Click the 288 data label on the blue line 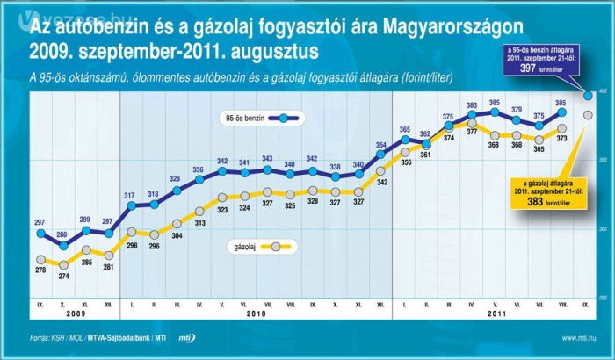[x=62, y=234]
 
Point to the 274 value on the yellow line [x=62, y=277]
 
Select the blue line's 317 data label [x=130, y=195]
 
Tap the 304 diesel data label [x=177, y=235]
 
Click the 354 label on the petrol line [x=381, y=145]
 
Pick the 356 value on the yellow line [x=405, y=162]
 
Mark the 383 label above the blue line [x=472, y=104]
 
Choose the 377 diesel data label [x=472, y=132]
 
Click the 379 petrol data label [x=517, y=110]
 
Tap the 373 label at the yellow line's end [x=562, y=140]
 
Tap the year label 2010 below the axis [x=255, y=313]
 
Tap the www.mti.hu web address [x=581, y=337]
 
